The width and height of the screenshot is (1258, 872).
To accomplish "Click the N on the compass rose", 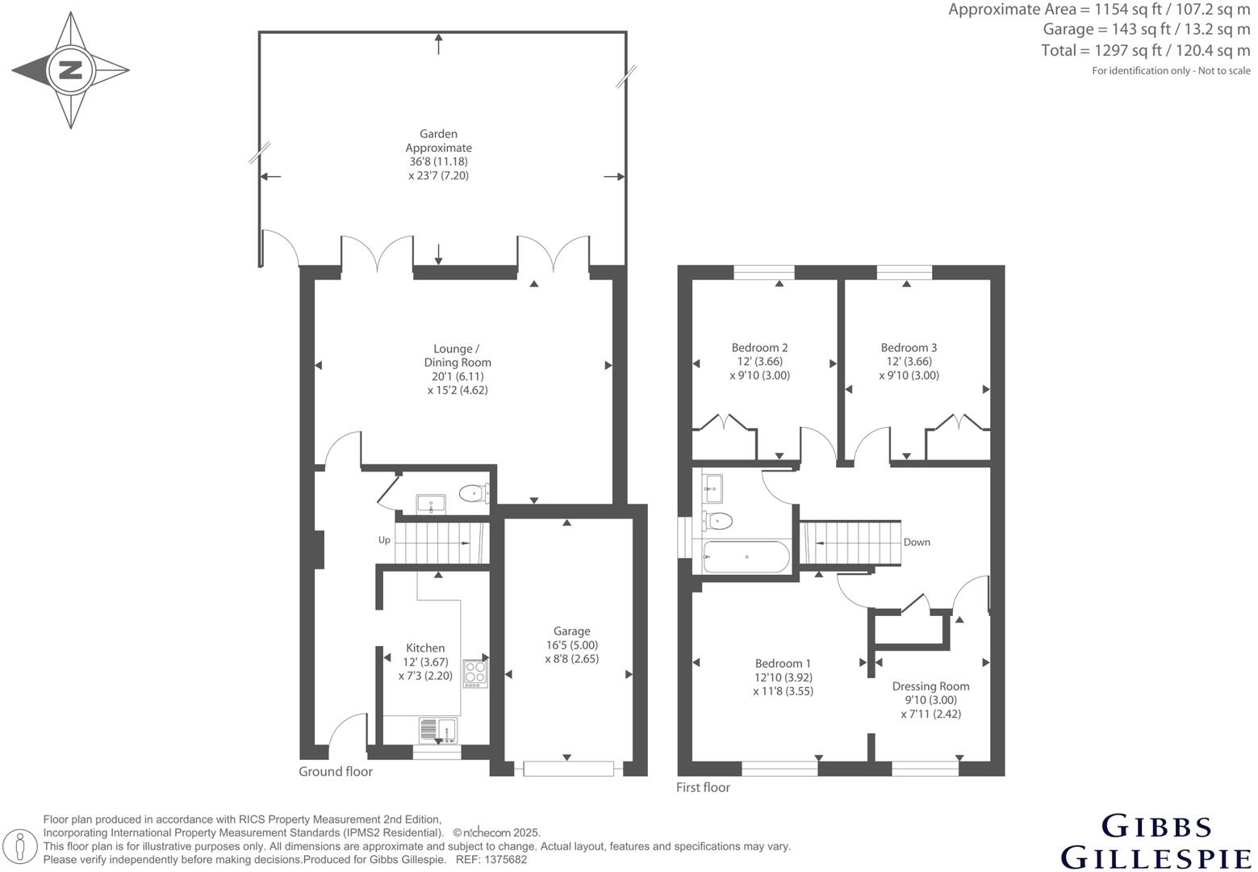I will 71,69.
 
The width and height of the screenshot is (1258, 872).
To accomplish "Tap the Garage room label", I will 571,631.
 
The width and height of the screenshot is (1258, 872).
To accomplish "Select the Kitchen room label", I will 424,648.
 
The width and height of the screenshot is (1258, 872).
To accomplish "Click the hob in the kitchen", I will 475,673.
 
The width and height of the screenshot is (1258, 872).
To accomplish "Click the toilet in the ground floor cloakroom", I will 472,492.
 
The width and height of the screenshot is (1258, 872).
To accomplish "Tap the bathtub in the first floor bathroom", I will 747,556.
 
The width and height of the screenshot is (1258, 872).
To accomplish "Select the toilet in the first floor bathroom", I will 717,521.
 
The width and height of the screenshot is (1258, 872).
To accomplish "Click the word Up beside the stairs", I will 385,540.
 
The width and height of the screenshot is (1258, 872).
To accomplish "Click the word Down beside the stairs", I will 917,543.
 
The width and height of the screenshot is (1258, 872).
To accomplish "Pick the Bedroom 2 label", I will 759,348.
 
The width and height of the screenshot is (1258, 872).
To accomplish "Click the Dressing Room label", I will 930,686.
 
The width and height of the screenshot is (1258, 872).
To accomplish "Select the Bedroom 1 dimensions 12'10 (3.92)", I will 783,677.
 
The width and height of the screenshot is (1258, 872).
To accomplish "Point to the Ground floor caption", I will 336,772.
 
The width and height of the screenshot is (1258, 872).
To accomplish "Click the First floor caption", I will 703,788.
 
